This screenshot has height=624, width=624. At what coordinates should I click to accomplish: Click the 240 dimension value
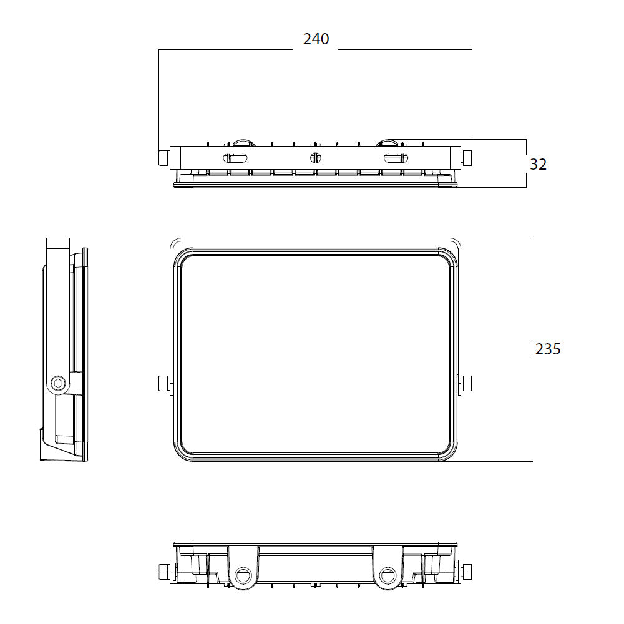coord(316,39)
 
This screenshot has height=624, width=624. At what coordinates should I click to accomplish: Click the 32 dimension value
coord(538,164)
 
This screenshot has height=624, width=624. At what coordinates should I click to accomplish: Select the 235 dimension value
coord(548,349)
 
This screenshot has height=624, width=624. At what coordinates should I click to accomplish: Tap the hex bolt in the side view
coord(58,384)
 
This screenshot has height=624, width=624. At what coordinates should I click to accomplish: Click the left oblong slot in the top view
coord(235,158)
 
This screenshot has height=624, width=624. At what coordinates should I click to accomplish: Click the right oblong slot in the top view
coord(395,158)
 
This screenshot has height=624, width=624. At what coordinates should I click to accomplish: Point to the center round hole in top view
coord(315,158)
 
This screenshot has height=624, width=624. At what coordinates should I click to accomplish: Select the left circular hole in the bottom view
coord(243,575)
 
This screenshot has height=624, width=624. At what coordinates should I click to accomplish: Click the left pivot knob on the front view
coord(164,383)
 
